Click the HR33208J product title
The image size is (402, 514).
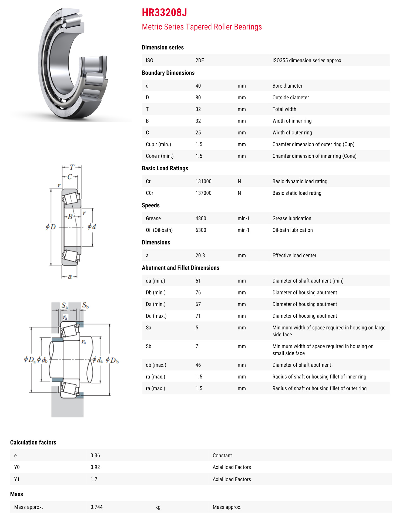pos(164,13)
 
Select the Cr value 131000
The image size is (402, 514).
pos(203,181)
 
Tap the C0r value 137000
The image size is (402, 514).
pos(203,193)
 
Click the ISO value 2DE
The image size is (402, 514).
pos(199,61)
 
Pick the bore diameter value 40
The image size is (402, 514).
pos(198,86)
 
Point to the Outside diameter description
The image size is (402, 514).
pos(290,98)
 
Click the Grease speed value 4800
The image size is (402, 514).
pos(200,218)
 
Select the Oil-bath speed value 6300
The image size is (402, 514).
pos(200,230)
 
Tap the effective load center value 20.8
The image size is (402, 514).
pos(200,256)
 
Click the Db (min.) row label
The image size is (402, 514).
pos(156,293)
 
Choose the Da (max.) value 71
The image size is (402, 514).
pos(198,316)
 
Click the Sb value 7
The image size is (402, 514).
pos(197,346)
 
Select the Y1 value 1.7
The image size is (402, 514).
pos(94,479)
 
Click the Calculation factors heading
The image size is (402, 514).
pos(33,443)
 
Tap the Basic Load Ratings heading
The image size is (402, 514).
pos(165,168)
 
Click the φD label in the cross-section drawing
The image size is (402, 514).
pos(51,227)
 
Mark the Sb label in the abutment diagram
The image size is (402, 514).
pos(85,306)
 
